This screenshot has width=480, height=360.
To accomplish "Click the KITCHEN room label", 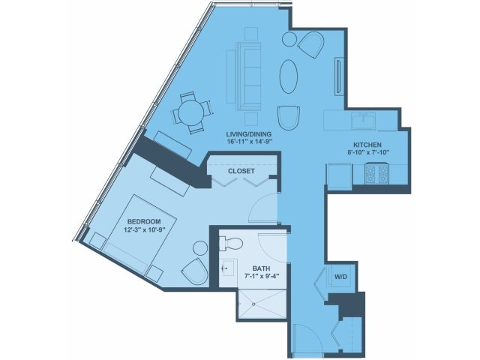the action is pos(367,145).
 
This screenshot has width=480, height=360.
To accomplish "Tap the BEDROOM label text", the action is pos(144,221).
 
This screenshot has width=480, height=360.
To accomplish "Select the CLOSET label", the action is pos(241,171).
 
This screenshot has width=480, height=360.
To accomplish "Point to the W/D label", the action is pos(340,277).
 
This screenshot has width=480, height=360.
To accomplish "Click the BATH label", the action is pos(261,268).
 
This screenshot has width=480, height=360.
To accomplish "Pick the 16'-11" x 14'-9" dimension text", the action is pos(249,142).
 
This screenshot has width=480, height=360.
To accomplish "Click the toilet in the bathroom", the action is pos(231,244).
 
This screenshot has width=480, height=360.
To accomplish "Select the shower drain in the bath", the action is pos(253,304).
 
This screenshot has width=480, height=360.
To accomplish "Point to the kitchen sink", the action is pos(363,121).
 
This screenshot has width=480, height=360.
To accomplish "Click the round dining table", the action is pos(191,112).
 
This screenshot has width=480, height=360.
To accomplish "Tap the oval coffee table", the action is pos(288,76).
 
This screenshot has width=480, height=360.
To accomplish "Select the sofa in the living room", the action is pos(248,76).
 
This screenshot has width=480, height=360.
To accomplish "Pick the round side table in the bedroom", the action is pos(200,248).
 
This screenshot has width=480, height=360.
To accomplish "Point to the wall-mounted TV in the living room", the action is pos(338,76).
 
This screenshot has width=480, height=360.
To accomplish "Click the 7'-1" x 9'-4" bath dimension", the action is pos(262,276).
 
